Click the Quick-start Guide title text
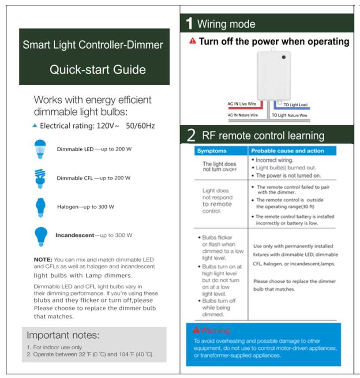click(x=97, y=69)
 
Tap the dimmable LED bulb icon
click(x=41, y=149)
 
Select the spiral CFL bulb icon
click(x=40, y=178)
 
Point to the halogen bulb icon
click(x=40, y=206)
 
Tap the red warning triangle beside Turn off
click(x=192, y=41)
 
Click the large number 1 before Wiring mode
click(x=189, y=23)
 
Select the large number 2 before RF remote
click(x=191, y=135)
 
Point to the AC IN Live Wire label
click(x=242, y=104)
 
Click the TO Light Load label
click(x=295, y=105)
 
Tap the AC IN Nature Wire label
click(x=243, y=115)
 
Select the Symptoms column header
click(x=212, y=151)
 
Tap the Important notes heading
click(x=63, y=334)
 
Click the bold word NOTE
click(x=43, y=259)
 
